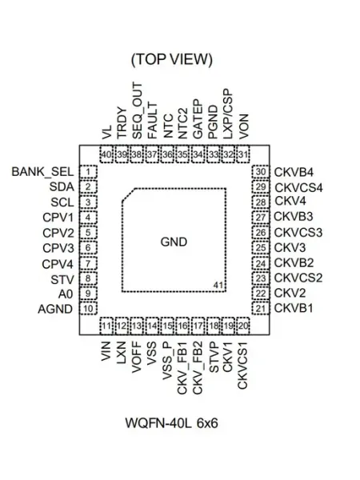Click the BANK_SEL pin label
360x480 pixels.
[42, 172]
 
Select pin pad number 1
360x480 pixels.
[88, 172]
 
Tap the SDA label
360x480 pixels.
[62, 186]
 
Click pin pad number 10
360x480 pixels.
[88, 308]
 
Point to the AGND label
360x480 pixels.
[55, 309]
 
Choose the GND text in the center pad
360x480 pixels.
[174, 242]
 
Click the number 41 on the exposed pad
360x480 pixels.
[218, 285]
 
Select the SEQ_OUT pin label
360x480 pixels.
[137, 111]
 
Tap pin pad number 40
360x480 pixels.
[106, 154]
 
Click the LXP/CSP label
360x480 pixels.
[228, 114]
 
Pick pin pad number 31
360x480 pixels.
[243, 154]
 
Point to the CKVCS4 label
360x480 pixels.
[298, 187]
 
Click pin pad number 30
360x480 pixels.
[261, 172]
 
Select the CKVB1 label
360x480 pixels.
[294, 308]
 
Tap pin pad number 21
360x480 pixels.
[261, 308]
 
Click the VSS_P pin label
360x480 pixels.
[167, 361]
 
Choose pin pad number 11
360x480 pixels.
[106, 326]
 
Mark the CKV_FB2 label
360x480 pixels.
[198, 368]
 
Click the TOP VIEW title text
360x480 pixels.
[172, 59]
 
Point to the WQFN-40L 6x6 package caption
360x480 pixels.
[171, 423]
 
